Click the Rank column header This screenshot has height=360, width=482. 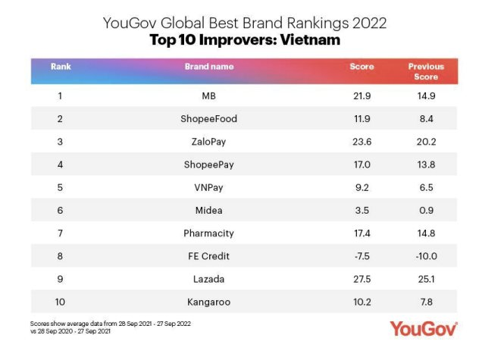(x=61, y=67)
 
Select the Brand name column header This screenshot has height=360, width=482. (x=209, y=67)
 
